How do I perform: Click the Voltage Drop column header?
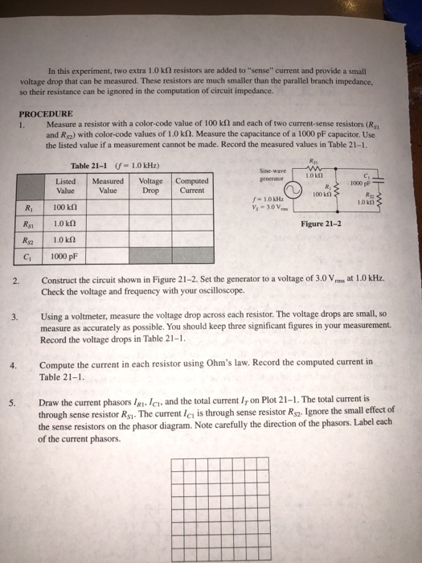click(x=149, y=186)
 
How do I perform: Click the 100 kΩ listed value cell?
click(x=64, y=208)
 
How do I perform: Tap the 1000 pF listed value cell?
click(x=64, y=257)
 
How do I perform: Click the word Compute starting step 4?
click(x=58, y=364)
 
